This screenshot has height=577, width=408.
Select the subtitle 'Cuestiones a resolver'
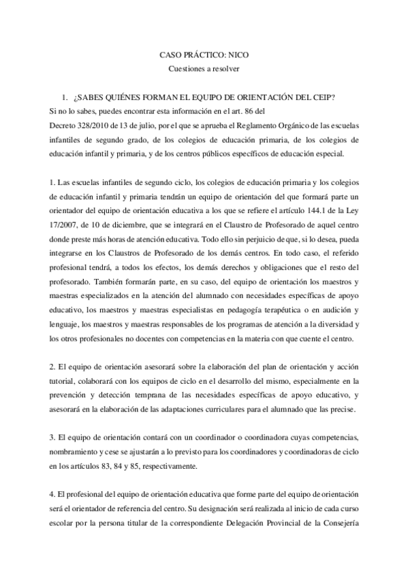coord(204,68)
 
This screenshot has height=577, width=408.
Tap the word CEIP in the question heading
coord(319,96)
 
